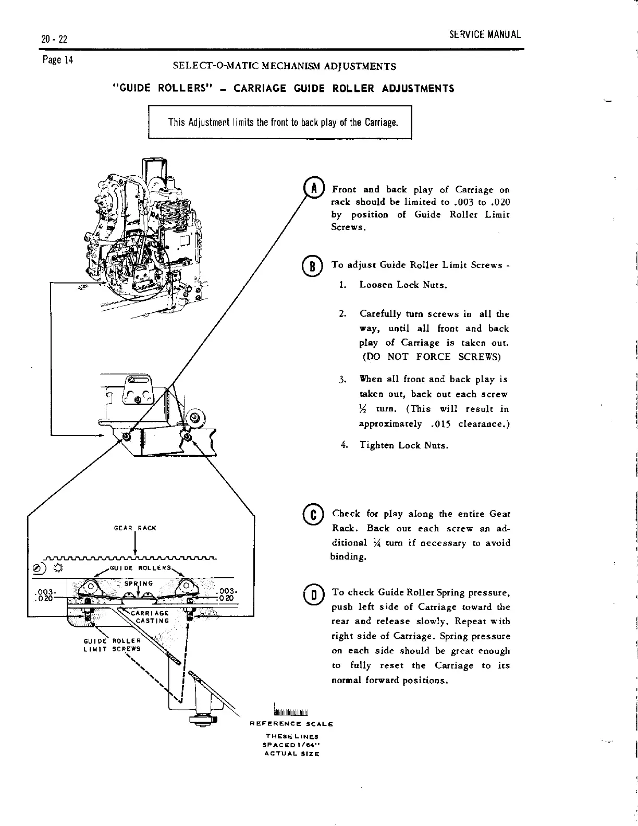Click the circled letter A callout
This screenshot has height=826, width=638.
[x=314, y=188]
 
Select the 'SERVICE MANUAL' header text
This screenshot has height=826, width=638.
[x=485, y=35]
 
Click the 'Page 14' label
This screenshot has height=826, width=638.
[x=58, y=59]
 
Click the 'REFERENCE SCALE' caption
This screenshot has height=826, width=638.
[x=291, y=724]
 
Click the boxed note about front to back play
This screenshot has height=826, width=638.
[x=280, y=123]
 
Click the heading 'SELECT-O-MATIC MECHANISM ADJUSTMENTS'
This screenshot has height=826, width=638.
[x=284, y=67]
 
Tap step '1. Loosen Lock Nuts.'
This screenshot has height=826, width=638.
[x=403, y=285]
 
